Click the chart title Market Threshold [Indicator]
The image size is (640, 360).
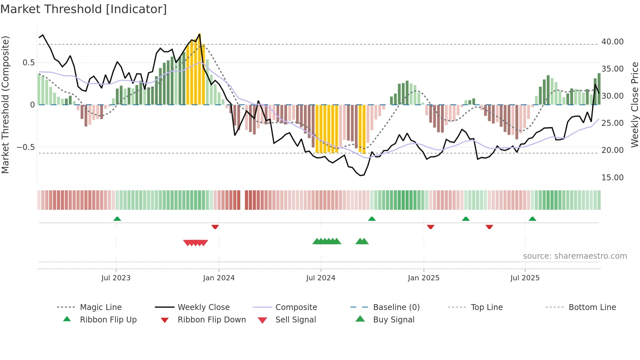coord(84,9)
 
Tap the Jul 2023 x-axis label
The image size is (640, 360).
coord(116,278)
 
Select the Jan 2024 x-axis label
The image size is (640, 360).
coord(219,278)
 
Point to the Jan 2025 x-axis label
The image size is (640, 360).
coord(424,278)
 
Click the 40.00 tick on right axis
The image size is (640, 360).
coord(612,42)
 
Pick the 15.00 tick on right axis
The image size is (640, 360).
coord(612,178)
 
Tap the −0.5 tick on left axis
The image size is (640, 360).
coord(25,147)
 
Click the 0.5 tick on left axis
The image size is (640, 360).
coord(28,63)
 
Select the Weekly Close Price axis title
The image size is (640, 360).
coord(634,105)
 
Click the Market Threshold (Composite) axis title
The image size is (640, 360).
coord(5,105)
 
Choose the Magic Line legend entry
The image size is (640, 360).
coord(101,307)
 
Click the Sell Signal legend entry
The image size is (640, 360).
coord(296,320)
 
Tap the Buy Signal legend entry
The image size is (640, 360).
coord(393,320)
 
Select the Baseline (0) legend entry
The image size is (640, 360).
coord(396,307)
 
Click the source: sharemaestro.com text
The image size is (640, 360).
coord(575,256)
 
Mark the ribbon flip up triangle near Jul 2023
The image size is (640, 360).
coord(117,219)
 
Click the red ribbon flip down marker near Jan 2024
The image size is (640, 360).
coord(215,227)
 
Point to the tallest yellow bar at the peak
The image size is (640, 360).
coord(200,69)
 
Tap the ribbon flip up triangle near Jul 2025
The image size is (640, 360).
coord(532,219)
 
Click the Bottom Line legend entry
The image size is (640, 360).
coord(592,307)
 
